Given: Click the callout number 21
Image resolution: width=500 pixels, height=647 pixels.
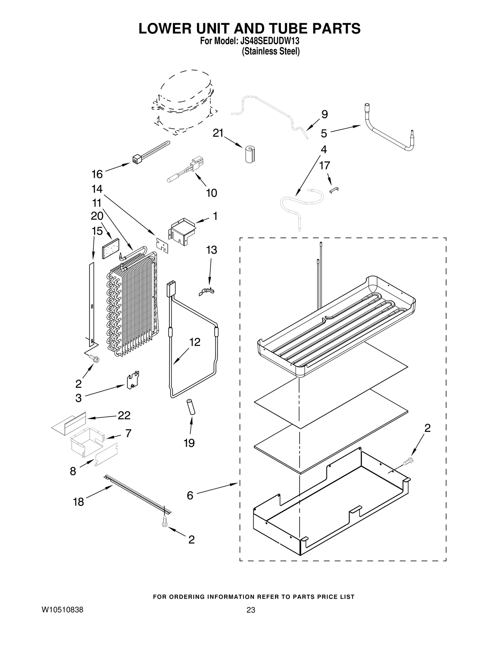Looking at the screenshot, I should (218, 133).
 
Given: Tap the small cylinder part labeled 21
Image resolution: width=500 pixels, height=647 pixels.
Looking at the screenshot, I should (249, 154).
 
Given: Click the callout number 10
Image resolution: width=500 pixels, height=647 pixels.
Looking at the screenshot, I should (212, 193).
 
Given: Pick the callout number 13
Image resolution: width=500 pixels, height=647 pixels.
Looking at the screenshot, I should (212, 250).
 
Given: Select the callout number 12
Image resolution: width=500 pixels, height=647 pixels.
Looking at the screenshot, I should (195, 342).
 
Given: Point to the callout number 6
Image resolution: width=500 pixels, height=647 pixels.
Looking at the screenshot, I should (190, 495).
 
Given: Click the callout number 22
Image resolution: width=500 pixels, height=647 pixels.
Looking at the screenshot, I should (124, 415).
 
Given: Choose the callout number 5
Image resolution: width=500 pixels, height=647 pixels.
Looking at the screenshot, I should (324, 133).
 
